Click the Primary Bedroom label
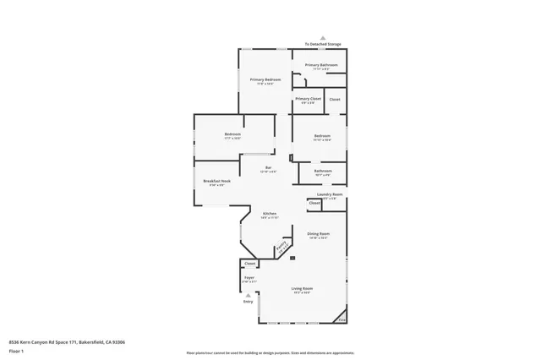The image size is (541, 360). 265,80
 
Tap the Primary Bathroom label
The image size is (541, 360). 321,65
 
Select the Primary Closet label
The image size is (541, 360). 308,99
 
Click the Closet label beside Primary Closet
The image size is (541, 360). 335,99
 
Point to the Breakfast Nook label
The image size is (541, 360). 216,181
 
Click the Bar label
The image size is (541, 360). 268,168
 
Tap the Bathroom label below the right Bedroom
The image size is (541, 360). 322,172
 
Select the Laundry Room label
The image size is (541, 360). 330,194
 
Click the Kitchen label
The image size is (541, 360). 270,214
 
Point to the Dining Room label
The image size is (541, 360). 318,233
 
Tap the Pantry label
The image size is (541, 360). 281,247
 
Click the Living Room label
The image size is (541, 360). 302,289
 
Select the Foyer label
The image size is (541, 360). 249,277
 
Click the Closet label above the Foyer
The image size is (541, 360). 249,264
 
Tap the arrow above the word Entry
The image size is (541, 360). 248,295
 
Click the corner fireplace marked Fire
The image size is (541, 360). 342,319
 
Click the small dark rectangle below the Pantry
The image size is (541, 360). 292,257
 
